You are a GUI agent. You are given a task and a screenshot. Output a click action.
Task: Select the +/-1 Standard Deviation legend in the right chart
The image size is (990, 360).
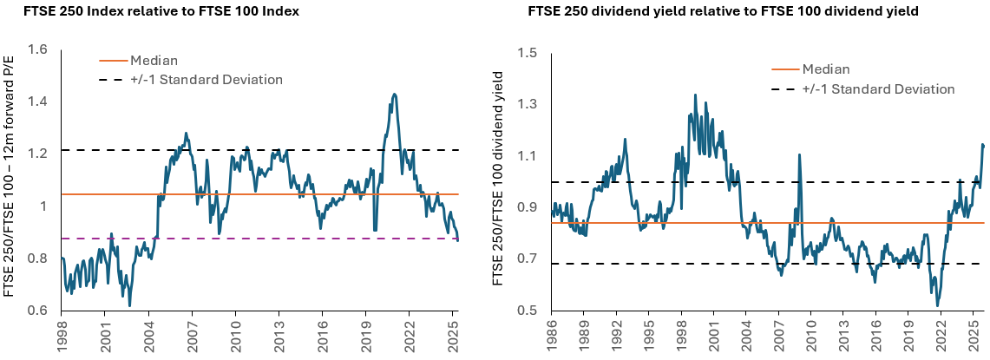coord(878,88)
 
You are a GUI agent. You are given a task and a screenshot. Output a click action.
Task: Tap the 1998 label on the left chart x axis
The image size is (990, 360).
coord(62,335)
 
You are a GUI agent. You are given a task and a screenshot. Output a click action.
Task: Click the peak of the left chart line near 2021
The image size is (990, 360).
coord(395,94)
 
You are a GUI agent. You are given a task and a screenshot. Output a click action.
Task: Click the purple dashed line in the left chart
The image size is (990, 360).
coord(260,239)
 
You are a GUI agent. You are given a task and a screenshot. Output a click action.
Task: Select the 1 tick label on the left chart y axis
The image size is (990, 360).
coord(41,206)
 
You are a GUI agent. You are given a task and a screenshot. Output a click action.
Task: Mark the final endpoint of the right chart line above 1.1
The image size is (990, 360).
coord(984,146)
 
